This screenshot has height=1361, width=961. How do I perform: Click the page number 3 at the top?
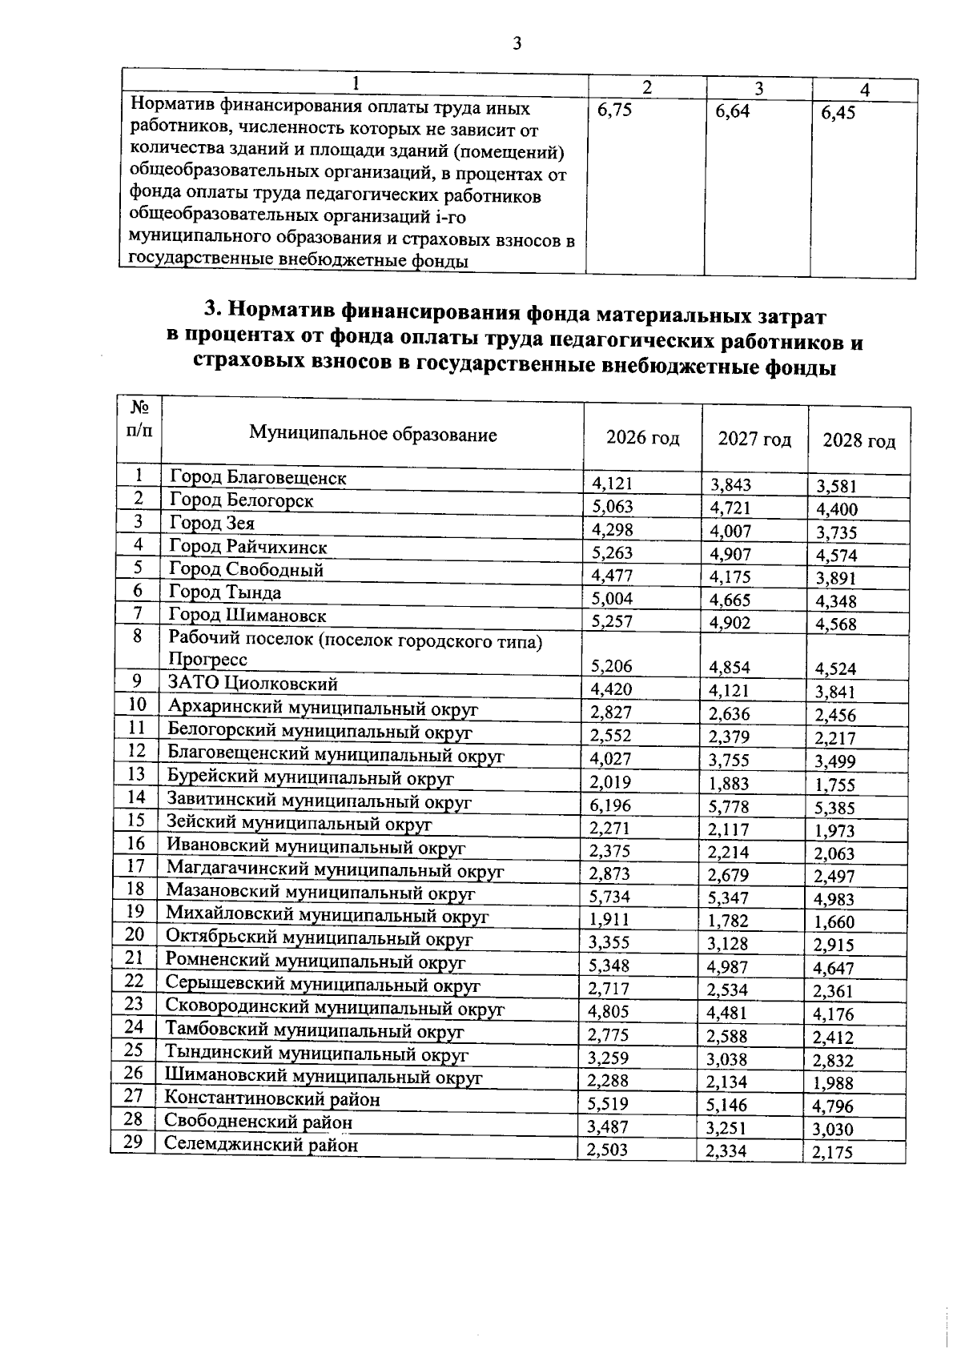tap(517, 43)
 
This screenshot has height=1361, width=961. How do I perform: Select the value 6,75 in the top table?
tap(614, 111)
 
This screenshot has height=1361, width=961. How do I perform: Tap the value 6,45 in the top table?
tap(838, 113)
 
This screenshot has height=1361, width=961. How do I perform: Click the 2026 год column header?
tap(642, 438)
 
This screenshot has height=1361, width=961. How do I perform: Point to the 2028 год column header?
tap(859, 441)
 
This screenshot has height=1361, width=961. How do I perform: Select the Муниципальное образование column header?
tap(372, 434)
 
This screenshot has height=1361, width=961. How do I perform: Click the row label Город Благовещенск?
tap(258, 478)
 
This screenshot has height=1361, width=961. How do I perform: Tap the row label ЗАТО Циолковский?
tap(252, 683)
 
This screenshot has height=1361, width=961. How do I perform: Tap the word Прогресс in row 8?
tap(207, 659)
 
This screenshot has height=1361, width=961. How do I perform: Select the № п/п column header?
tap(139, 419)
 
